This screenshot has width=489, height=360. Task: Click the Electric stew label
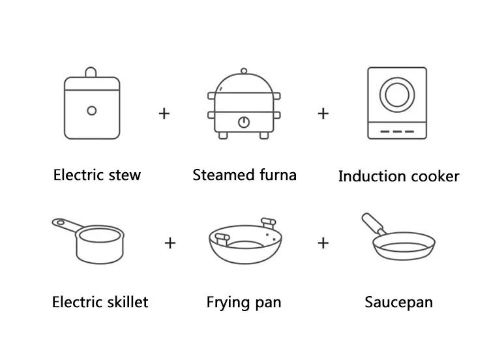pyautogui.click(x=96, y=175)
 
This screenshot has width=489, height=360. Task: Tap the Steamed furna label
pyautogui.click(x=244, y=175)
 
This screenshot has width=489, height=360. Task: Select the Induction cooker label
pyautogui.click(x=398, y=176)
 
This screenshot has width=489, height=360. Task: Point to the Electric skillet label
pyautogui.click(x=100, y=302)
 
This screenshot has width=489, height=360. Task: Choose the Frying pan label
pyautogui.click(x=244, y=302)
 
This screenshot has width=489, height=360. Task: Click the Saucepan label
pyautogui.click(x=398, y=302)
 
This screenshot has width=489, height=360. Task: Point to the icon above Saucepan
pyautogui.click(x=398, y=241)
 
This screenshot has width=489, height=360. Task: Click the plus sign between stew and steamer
pyautogui.click(x=164, y=113)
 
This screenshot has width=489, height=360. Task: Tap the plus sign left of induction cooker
pyautogui.click(x=323, y=113)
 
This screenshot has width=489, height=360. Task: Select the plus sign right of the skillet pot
pyautogui.click(x=170, y=243)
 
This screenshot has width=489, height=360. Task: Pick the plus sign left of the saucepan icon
pyautogui.click(x=323, y=243)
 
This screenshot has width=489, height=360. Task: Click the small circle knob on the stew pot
pyautogui.click(x=92, y=111)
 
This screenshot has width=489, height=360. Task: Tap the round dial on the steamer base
pyautogui.click(x=244, y=122)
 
